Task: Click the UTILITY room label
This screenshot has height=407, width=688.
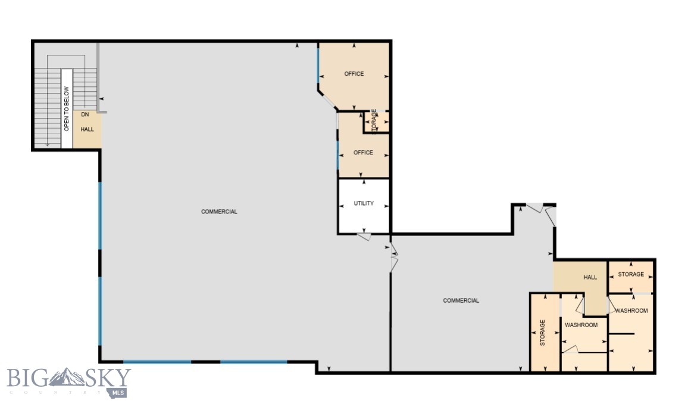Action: pyautogui.click(x=364, y=203)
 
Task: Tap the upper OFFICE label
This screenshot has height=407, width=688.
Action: pyautogui.click(x=354, y=74)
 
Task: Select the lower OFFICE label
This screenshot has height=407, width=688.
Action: pyautogui.click(x=363, y=153)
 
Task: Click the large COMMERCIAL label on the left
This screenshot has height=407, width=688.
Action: pyautogui.click(x=219, y=212)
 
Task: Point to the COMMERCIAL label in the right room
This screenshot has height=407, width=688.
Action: pyautogui.click(x=461, y=300)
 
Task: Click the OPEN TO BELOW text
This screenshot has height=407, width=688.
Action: pyautogui.click(x=67, y=108)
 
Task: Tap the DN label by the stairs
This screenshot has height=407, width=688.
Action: pyautogui.click(x=85, y=114)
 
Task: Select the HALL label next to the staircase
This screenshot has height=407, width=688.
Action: pyautogui.click(x=87, y=129)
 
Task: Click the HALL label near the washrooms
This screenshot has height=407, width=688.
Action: pyautogui.click(x=590, y=277)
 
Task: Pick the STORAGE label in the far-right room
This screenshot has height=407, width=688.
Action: pyautogui.click(x=631, y=274)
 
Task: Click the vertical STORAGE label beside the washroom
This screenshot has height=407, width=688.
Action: pyautogui.click(x=542, y=333)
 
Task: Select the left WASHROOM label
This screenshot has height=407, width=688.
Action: pyautogui.click(x=581, y=325)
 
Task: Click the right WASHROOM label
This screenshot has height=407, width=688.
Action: pyautogui.click(x=631, y=310)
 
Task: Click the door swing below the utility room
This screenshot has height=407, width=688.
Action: pyautogui.click(x=364, y=237)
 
